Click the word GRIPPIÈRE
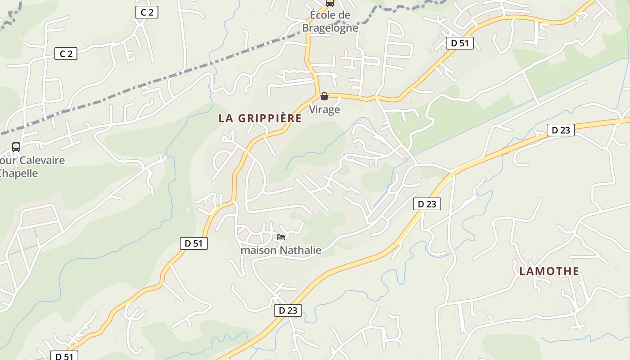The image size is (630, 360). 270,118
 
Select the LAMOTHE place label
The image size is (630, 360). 549,271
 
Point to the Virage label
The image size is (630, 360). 324,109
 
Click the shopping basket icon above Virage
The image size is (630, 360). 324,96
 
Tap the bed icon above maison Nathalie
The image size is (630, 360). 281,237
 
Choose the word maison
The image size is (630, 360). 259,250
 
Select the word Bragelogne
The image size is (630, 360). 330,28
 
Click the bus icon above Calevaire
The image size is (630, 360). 16,147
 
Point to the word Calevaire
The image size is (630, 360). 42,160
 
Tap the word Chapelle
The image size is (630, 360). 19,173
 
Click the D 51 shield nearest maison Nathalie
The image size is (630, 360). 194,243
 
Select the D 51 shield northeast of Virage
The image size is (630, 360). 460,43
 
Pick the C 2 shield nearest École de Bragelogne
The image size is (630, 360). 147,13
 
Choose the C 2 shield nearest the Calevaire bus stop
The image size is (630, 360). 66,54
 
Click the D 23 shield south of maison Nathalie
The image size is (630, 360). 288,310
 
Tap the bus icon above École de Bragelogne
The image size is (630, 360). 330,3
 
